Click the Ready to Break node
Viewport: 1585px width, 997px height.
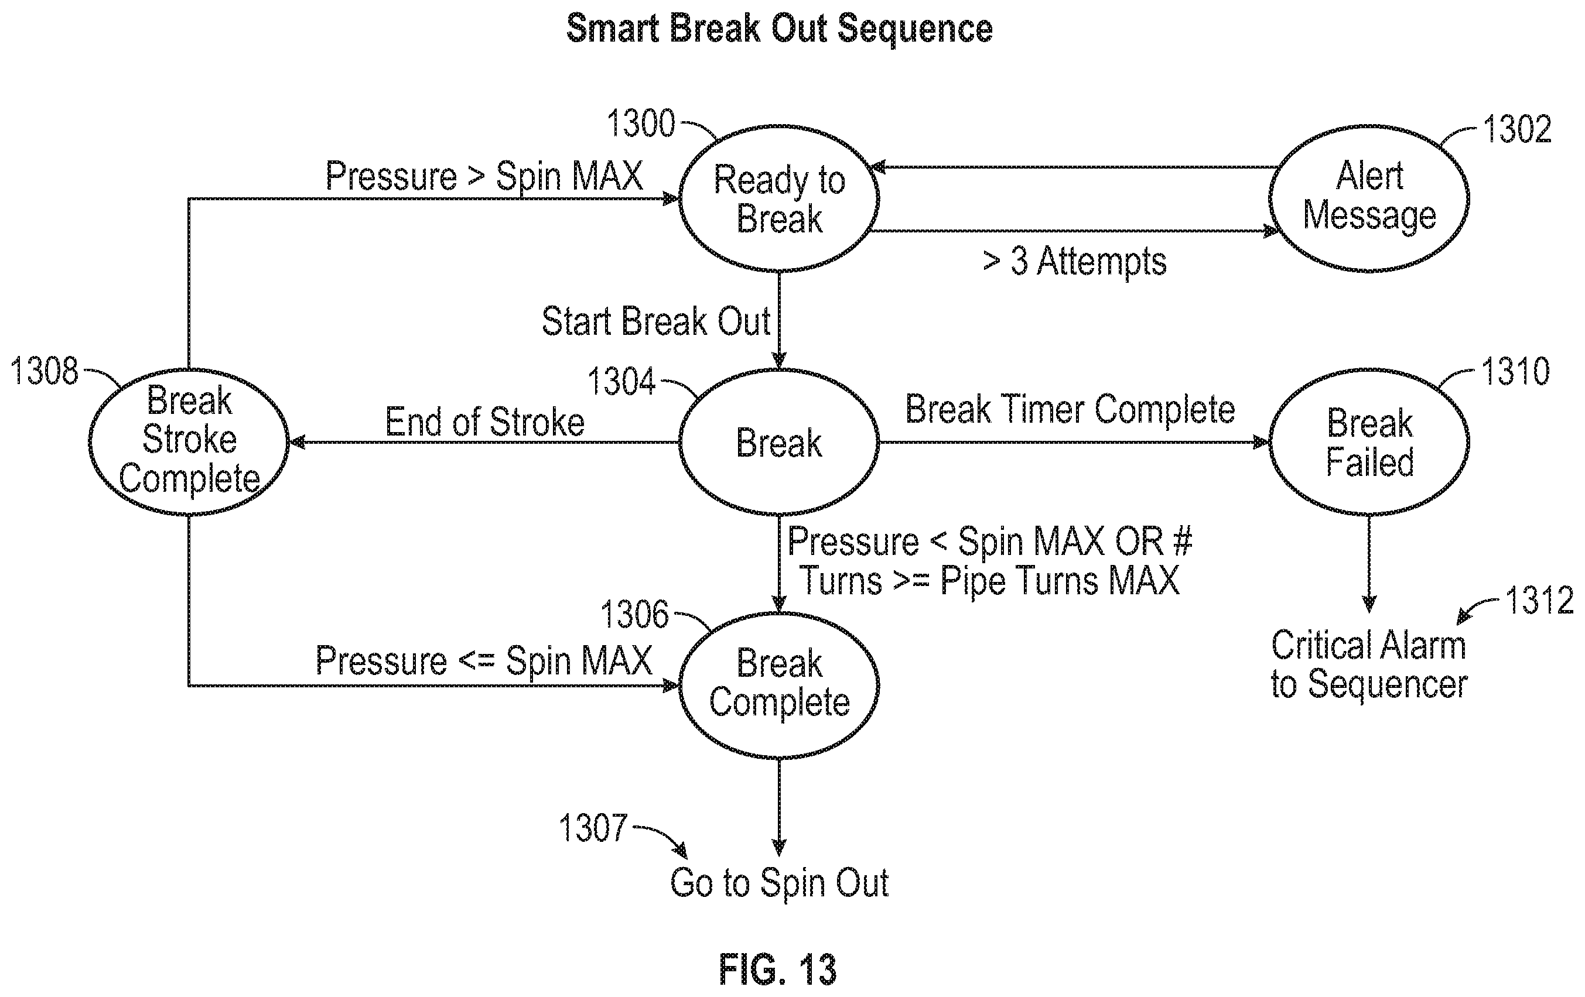click(x=778, y=198)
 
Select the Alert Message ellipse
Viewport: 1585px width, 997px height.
click(x=1369, y=198)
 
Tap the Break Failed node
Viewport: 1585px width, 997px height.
click(x=1369, y=441)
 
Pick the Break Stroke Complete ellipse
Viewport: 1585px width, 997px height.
click(x=189, y=441)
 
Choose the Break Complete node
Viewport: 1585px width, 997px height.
click(x=778, y=685)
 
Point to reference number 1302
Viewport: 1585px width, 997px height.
click(x=1517, y=128)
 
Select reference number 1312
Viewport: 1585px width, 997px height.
click(x=1539, y=600)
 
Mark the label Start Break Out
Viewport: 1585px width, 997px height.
click(x=656, y=321)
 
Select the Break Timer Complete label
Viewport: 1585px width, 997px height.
click(x=1070, y=409)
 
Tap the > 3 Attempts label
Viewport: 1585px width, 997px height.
click(x=1075, y=261)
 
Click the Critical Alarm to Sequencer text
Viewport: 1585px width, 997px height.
click(x=1369, y=664)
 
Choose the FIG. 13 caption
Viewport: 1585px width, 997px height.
click(x=777, y=969)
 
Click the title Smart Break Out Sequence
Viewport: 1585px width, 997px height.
click(x=780, y=29)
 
